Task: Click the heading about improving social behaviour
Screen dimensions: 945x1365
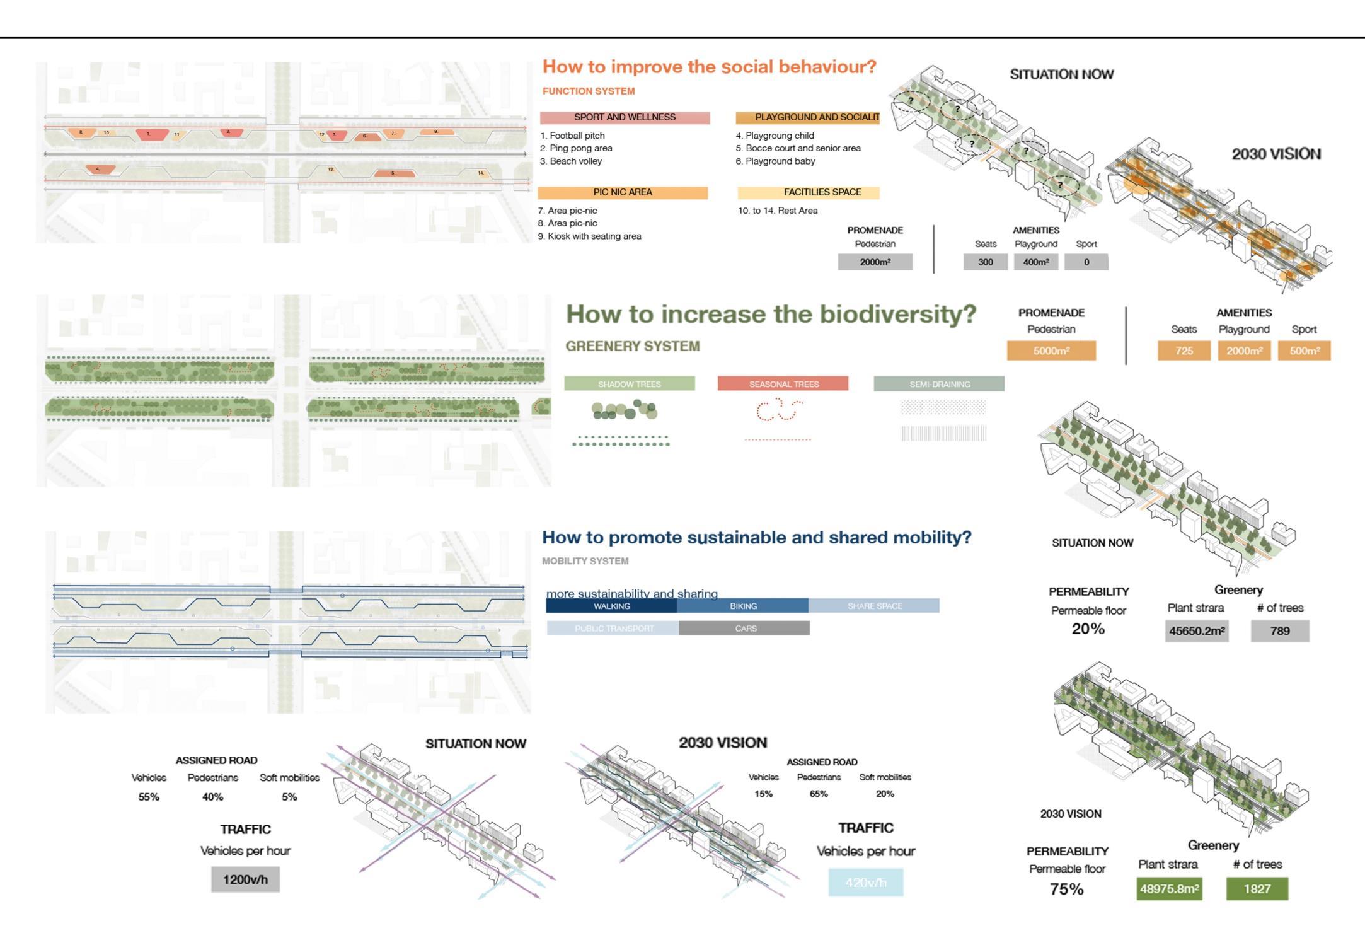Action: tap(709, 67)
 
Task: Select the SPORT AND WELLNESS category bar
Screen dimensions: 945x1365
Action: tap(625, 117)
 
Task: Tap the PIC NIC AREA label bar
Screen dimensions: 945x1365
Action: tap(623, 192)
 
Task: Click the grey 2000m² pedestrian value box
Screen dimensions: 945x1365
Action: tap(875, 262)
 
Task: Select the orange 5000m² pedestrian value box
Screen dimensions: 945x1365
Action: tap(1051, 351)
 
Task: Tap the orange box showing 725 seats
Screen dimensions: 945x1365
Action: tap(1184, 351)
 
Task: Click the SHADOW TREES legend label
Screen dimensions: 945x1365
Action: tap(629, 384)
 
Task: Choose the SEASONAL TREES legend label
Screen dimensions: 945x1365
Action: tap(783, 384)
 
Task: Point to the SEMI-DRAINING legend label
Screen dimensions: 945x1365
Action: tap(939, 384)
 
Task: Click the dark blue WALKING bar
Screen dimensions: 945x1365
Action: tap(611, 606)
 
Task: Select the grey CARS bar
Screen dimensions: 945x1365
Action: tap(745, 629)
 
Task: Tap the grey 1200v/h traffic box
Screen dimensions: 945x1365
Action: tap(245, 879)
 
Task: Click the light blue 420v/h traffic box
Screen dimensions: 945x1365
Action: tap(865, 883)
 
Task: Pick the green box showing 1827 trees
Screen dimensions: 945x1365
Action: tap(1257, 889)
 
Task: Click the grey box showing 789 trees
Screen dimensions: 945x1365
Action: tap(1279, 631)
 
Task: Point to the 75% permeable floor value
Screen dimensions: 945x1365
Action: tap(1066, 890)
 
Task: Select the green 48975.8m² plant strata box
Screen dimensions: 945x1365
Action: tap(1169, 889)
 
